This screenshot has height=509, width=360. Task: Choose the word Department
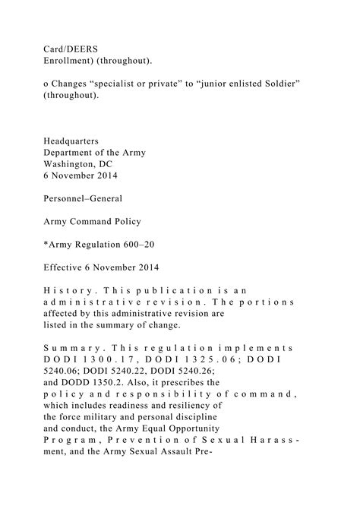point(71,153)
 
